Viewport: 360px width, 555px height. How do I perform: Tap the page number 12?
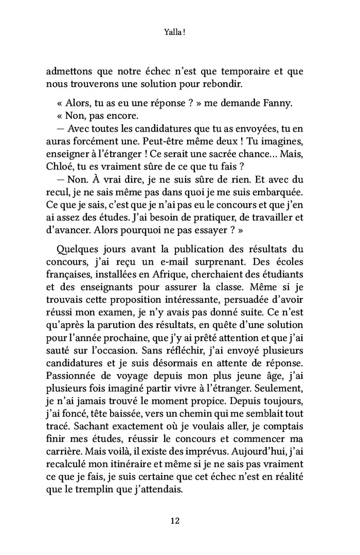(x=174, y=520)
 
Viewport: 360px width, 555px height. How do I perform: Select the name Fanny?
(x=276, y=103)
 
